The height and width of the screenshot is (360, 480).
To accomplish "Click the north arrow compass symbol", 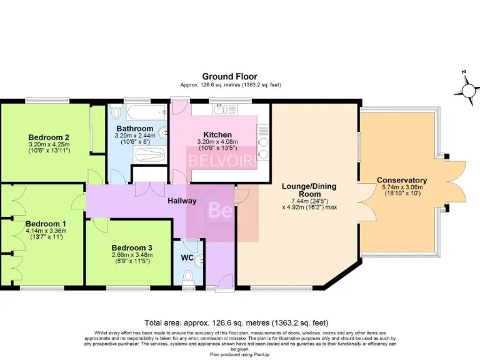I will tap(466, 90).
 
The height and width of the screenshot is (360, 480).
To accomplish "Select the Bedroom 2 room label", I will tap(48, 137).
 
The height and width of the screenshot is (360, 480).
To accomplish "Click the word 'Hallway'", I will tap(181, 201).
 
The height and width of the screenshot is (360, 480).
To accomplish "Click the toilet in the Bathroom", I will tap(116, 114).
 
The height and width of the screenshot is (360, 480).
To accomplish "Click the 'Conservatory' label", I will tap(401, 180).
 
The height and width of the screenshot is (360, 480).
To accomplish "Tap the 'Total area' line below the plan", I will tap(236, 323).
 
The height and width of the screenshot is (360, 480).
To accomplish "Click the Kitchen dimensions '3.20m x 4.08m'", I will tap(217, 141).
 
